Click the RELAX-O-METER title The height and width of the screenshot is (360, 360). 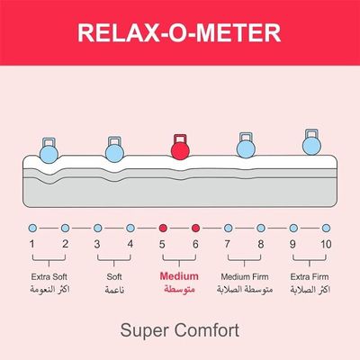click(x=180, y=33)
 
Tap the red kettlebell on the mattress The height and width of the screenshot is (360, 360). click(x=179, y=145)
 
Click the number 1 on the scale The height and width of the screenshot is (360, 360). click(x=32, y=244)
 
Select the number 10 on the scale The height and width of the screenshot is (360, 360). click(x=326, y=244)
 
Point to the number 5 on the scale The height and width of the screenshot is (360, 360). click(x=163, y=244)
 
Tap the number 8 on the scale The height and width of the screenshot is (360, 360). click(x=261, y=244)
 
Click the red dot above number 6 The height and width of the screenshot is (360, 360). click(x=195, y=228)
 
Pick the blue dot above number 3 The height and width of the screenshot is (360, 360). click(x=97, y=228)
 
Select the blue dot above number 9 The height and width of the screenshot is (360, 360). click(x=293, y=228)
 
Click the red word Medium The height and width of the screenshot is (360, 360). click(x=179, y=276)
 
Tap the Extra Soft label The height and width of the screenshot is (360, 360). click(x=49, y=276)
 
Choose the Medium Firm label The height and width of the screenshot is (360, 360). click(x=245, y=276)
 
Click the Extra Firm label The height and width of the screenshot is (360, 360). click(x=310, y=276)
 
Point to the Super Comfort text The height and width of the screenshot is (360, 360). click(x=180, y=329)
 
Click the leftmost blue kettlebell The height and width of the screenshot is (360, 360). click(x=49, y=145)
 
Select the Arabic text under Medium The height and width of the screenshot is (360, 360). click(x=179, y=291)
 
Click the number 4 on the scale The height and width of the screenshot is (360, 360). click(x=130, y=244)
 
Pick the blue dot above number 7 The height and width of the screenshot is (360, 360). click(x=229, y=228)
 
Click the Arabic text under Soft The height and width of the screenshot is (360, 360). click(x=114, y=291)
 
